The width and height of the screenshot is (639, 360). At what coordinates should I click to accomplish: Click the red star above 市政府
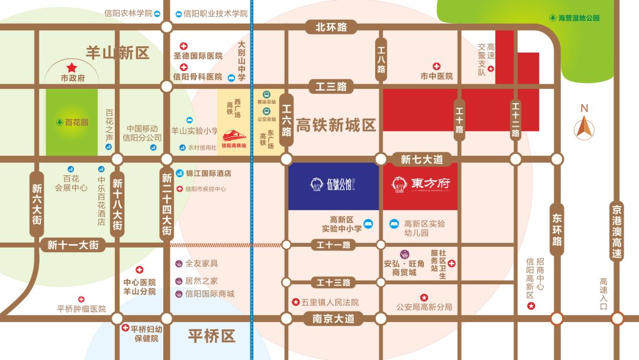72,68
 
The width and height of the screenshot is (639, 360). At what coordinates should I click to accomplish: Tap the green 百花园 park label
72,123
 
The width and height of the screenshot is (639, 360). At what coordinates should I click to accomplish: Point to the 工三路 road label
331,86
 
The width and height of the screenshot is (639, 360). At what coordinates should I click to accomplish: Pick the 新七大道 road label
422,159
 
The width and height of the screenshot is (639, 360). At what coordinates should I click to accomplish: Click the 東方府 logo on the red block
421,184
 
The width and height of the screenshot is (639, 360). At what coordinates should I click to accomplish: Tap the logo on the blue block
333,185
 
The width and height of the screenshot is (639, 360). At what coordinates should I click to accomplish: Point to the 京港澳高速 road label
617,232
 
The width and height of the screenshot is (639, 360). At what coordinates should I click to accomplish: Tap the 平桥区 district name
212,336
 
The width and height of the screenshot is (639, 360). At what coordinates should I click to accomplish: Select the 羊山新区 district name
118,53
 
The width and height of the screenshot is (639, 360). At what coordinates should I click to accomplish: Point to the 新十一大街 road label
73,245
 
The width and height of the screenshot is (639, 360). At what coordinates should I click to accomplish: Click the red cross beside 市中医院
437,66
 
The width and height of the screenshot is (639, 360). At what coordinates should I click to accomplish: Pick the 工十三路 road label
333,282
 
